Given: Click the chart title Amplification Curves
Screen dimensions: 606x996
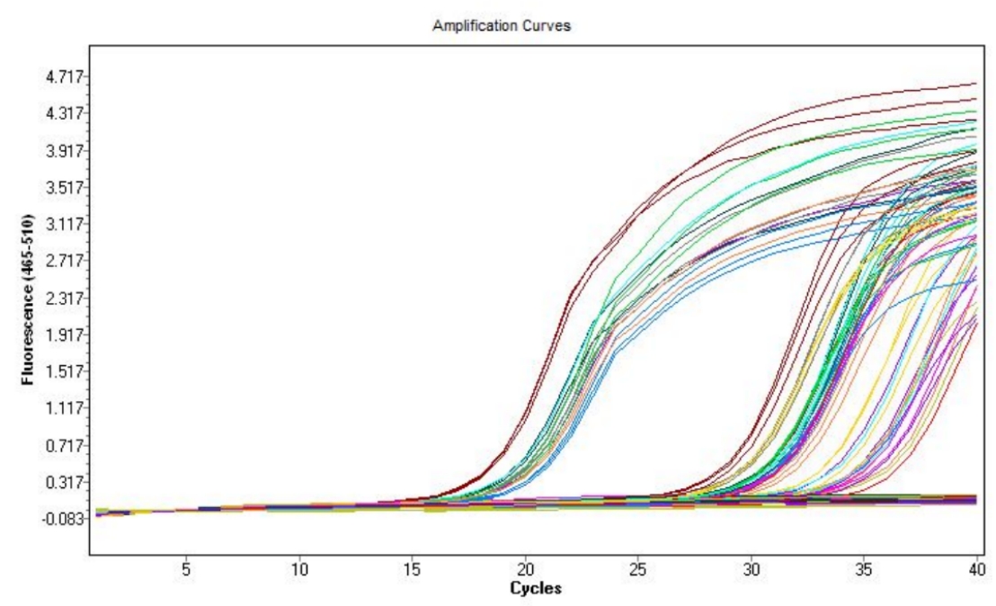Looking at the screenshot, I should (x=502, y=26).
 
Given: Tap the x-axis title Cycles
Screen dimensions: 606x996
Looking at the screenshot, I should (x=536, y=589).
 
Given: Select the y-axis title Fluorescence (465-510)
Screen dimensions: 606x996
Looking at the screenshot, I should (x=27, y=299).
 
